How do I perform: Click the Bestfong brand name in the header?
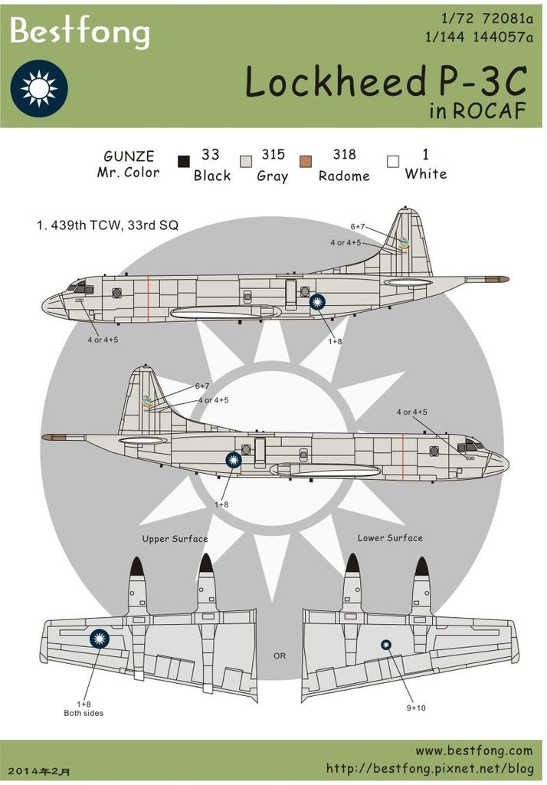click(x=79, y=33)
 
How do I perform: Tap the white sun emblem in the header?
click(x=39, y=88)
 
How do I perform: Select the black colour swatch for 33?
click(x=184, y=162)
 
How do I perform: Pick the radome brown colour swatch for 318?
click(x=306, y=162)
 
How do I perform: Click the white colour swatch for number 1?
click(x=394, y=162)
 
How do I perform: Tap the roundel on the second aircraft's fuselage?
click(x=234, y=460)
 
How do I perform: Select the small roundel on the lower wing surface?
click(x=387, y=645)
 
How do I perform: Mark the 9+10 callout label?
click(x=416, y=708)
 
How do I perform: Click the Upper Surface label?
click(x=175, y=539)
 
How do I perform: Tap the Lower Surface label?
click(x=389, y=538)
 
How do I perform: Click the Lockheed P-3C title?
click(x=386, y=83)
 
